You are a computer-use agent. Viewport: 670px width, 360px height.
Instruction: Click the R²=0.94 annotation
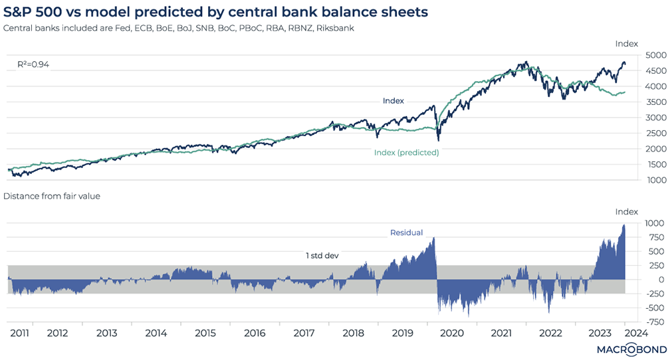coord(33,64)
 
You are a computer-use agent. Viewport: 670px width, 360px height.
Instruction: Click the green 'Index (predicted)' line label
coord(407,152)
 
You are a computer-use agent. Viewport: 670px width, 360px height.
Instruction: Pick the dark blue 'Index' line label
coord(393,101)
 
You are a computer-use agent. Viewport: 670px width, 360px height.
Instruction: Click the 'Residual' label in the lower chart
coord(406,232)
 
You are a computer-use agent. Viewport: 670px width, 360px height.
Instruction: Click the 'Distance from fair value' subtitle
coord(52,197)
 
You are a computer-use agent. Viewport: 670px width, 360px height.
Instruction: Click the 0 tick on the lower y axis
coord(655,279)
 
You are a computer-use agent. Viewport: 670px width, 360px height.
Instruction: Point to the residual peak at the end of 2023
coord(625,226)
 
